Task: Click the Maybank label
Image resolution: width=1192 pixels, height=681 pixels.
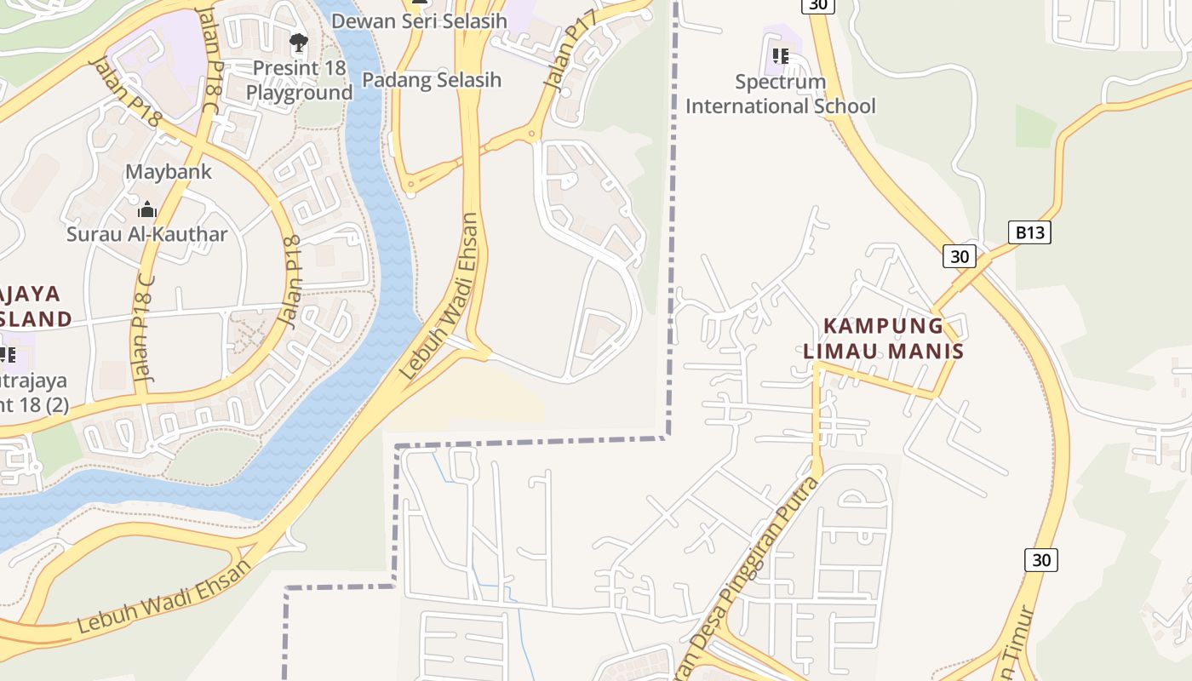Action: tap(169, 171)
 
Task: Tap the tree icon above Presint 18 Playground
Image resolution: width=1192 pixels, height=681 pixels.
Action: tap(299, 42)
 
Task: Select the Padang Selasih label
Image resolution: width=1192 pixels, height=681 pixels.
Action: tap(432, 80)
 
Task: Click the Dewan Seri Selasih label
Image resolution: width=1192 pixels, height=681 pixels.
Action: tap(419, 21)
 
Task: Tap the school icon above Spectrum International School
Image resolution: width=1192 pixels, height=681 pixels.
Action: tap(780, 57)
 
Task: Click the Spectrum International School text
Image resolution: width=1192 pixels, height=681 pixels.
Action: tap(780, 94)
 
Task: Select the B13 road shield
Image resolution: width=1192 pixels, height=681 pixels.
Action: tap(1029, 232)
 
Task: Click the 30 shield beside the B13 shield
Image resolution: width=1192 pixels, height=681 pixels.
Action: tap(959, 256)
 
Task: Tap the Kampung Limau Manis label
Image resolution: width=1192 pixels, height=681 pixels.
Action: tap(883, 338)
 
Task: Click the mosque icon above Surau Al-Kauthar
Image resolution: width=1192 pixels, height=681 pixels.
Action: tap(147, 209)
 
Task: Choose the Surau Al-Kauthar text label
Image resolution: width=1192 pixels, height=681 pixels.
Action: tap(147, 234)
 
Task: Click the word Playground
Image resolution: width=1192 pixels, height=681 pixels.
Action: tap(299, 93)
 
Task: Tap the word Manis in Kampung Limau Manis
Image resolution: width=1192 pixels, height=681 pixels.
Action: tap(926, 351)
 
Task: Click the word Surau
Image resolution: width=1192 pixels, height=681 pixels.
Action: tap(92, 234)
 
